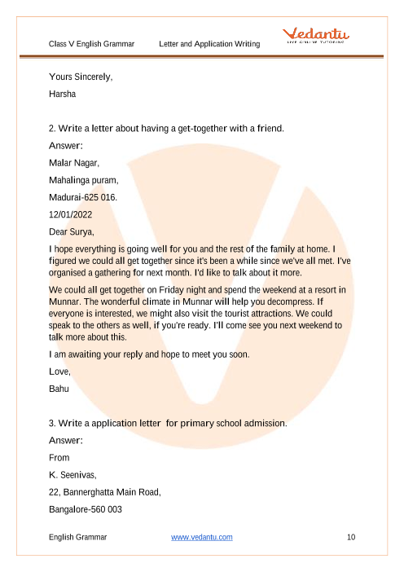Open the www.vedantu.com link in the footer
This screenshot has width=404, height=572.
point(202,537)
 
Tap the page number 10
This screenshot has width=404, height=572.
point(351,537)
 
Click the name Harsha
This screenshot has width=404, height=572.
point(62,94)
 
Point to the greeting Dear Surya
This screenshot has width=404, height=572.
point(72,231)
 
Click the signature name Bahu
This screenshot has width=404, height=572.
point(59,389)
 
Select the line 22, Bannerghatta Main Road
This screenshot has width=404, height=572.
point(105,492)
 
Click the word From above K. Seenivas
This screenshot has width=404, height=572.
point(59,458)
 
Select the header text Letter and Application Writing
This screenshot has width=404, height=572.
point(210,43)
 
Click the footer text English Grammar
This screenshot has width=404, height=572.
point(77,537)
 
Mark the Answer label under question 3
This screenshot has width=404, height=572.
point(67,441)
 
